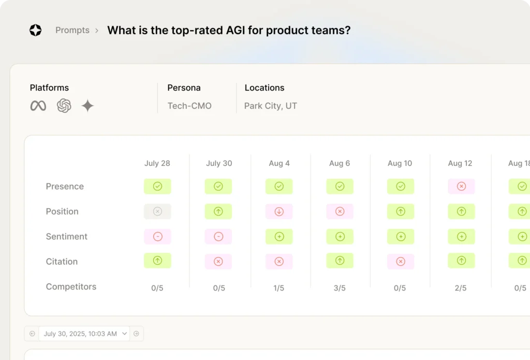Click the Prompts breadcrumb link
click(72, 31)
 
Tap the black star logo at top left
click(35, 31)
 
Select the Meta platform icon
click(38, 106)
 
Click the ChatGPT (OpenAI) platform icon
click(64, 106)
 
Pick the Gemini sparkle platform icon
click(87, 106)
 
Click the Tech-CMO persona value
click(189, 106)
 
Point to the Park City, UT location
click(271, 106)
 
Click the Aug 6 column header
click(340, 163)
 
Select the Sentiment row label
click(67, 237)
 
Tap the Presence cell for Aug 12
click(461, 186)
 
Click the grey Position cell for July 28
click(157, 211)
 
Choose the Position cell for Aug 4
click(279, 211)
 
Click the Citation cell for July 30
click(218, 262)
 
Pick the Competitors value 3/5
click(340, 288)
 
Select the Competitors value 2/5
click(461, 288)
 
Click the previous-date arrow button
click(32, 334)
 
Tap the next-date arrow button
click(137, 334)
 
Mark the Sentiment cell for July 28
click(157, 237)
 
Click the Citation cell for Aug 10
click(400, 262)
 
